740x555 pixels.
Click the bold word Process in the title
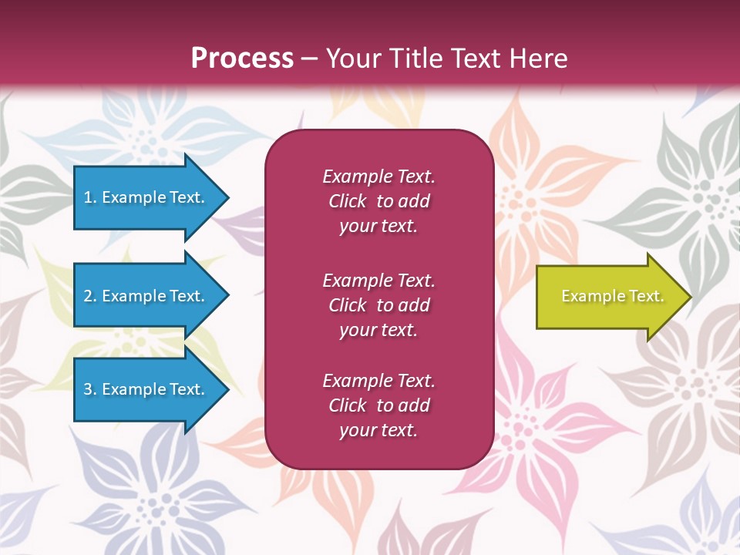point(242,59)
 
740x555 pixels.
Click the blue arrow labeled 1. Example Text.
point(146,197)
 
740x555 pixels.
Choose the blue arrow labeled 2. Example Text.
point(146,296)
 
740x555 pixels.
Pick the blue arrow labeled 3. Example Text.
point(146,389)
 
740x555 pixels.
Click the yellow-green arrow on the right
point(609,296)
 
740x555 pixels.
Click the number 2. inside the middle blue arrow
point(90,296)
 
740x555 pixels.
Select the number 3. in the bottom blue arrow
point(90,389)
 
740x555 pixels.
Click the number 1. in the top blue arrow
point(89,197)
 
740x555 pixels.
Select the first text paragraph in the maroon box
point(378,201)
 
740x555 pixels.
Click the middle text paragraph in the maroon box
point(378,305)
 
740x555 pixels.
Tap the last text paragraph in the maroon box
point(378,405)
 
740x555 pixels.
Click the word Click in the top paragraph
point(348,201)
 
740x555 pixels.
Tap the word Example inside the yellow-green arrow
point(590,296)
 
